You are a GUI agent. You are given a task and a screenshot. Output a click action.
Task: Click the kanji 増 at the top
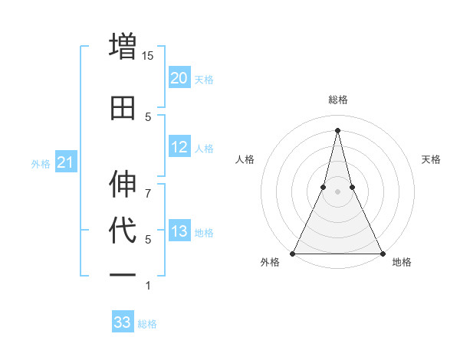pos(123,45)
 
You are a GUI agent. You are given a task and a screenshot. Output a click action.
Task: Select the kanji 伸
pos(123,184)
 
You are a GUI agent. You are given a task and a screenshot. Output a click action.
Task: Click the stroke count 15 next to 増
pos(148,55)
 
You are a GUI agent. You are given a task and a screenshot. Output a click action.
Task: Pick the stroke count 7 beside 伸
pos(148,185)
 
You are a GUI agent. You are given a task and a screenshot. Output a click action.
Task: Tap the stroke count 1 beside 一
pos(148,286)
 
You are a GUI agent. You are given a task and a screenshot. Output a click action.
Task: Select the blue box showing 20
pos(179,78)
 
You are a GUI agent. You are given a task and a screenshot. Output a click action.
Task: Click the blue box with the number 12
pos(179,148)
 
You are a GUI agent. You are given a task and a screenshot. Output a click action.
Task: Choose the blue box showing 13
pos(179,231)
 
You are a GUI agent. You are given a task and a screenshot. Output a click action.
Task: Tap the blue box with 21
pos(65,162)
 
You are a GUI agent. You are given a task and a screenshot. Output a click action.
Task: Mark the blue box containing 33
pos(122,322)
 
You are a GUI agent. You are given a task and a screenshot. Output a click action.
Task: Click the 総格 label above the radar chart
pos(338,100)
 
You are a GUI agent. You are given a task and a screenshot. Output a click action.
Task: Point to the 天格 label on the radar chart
pos(432,159)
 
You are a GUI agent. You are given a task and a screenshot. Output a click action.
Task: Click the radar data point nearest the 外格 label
pos(294,253)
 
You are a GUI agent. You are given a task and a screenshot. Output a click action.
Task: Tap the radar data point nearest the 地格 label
pos(382,253)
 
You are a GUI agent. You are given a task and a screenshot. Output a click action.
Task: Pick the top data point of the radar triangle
pos(338,130)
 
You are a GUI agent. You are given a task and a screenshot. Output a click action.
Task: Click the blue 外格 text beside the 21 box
pos(41,163)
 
